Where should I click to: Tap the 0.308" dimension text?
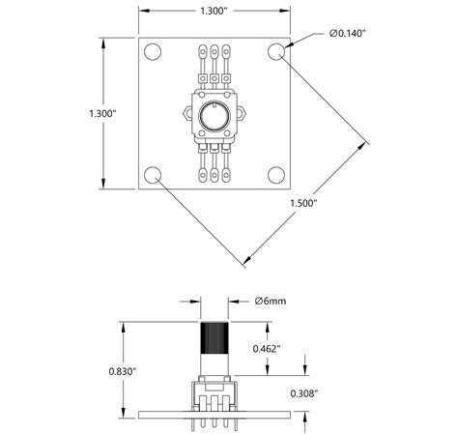tap(305, 393)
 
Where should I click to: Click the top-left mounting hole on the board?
tap(152, 52)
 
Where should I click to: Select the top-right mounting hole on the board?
tap(275, 52)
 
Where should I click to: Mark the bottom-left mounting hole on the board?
tap(152, 175)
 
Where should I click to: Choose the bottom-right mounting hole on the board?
tap(275, 175)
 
